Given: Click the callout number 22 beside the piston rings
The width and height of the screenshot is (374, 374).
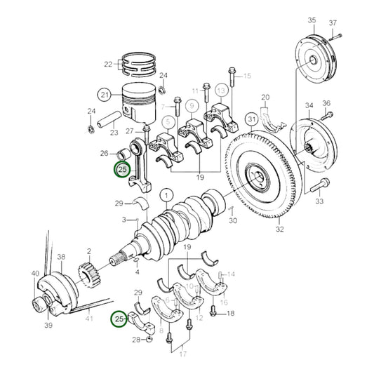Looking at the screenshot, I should pyautogui.click(x=108, y=65).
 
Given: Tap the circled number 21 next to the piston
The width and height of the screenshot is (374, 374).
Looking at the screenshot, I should pyautogui.click(x=105, y=95).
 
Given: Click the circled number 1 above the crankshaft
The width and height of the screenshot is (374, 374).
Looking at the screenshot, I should pyautogui.click(x=166, y=194).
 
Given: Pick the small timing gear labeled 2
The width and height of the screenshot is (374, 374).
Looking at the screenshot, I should pyautogui.click(x=92, y=270).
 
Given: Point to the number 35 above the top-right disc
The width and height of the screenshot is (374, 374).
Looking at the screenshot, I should pyautogui.click(x=312, y=20).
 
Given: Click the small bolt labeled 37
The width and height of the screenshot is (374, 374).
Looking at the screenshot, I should pyautogui.click(x=338, y=35).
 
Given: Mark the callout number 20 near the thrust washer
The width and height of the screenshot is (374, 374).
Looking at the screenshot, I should pyautogui.click(x=265, y=97).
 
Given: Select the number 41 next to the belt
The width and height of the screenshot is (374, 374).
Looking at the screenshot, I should pyautogui.click(x=88, y=319).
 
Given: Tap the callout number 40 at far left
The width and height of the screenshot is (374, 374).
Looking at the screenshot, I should pyautogui.click(x=35, y=273).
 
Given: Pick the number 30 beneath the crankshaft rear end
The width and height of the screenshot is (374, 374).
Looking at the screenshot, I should pyautogui.click(x=232, y=220).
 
